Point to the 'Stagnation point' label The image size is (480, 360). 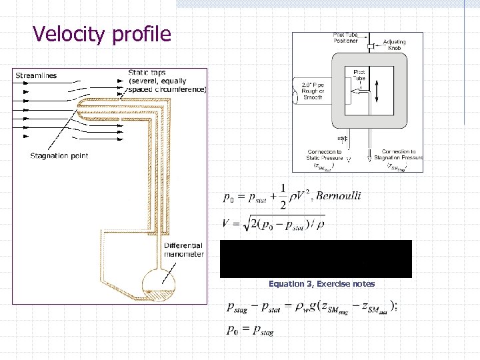(x=59, y=156)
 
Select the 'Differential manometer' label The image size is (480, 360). (x=184, y=250)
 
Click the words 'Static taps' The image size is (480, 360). (x=147, y=73)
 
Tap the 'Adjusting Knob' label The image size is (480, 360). (x=395, y=45)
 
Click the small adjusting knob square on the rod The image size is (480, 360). (x=370, y=46)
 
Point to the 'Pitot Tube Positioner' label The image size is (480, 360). (x=345, y=37)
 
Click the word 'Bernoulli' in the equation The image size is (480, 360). (x=338, y=195)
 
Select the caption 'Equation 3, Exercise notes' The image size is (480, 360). (x=321, y=284)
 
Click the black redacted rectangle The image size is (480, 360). (x=316, y=259)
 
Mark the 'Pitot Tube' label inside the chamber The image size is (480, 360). (x=359, y=75)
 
